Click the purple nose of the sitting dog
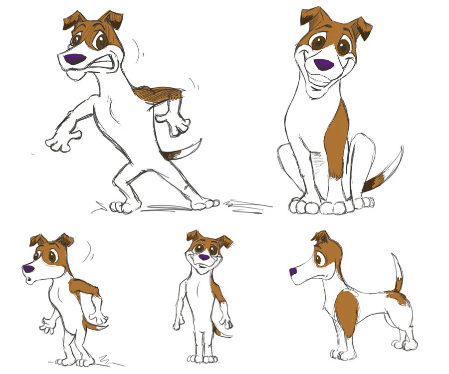coord(323,64)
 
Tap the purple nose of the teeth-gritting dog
coord(75,59)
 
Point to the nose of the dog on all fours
coord(293,272)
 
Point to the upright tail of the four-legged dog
coord(398,272)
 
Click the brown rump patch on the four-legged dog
coord(396,298)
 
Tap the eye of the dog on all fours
coord(318,258)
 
